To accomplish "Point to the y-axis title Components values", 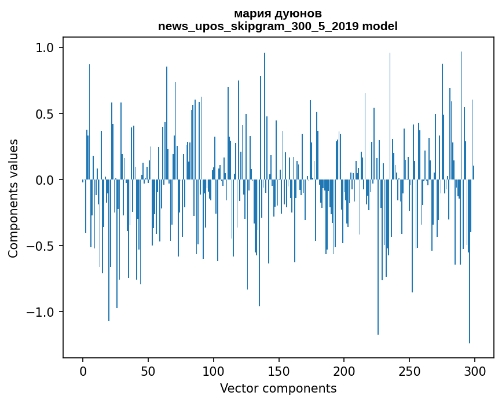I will click(13, 198).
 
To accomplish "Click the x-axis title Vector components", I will click(278, 388).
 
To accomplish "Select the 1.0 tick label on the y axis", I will click(45, 47).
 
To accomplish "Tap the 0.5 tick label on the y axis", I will click(45, 114).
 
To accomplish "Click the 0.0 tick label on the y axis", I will click(45, 180).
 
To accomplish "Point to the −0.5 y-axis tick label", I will click(41, 247).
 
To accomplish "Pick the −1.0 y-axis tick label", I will click(41, 313).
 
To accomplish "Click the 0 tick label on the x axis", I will click(83, 371).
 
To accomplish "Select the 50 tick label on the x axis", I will click(148, 371).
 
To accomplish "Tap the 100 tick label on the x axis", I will click(214, 371).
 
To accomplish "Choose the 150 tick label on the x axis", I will click(279, 371).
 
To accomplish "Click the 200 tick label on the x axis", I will click(344, 371).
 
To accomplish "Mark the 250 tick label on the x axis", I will click(409, 371).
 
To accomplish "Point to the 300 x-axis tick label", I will click(475, 371).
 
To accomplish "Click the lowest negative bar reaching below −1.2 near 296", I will click(470, 290).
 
